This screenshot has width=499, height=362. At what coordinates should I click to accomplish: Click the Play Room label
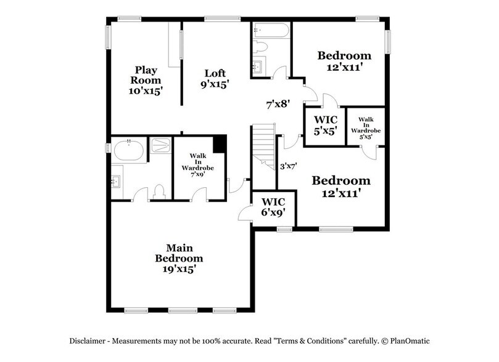[148, 80]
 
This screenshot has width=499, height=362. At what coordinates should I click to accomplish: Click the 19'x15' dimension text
[179, 270]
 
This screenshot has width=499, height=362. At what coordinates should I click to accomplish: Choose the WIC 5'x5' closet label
[325, 124]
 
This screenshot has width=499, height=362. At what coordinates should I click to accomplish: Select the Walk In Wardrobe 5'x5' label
[366, 126]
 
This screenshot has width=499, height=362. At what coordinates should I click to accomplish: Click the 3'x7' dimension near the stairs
[289, 166]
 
